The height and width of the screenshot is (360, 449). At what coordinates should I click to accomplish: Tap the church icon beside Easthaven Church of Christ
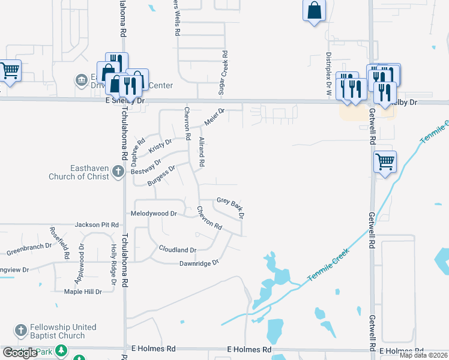pyautogui.click(x=118, y=171)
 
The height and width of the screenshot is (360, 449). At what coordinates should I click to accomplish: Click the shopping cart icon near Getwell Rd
pyautogui.click(x=384, y=161)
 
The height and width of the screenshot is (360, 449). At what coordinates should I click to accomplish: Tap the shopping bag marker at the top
pyautogui.click(x=315, y=11)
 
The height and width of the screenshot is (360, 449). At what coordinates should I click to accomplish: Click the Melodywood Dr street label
pyautogui.click(x=154, y=213)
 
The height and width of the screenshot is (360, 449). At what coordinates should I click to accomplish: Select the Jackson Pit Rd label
pyautogui.click(x=97, y=224)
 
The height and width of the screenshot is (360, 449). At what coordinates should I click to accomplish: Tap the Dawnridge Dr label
pyautogui.click(x=199, y=263)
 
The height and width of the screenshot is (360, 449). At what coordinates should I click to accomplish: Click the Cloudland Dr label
pyautogui.click(x=178, y=249)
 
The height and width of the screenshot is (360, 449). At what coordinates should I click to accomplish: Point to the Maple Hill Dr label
pyautogui.click(x=83, y=292)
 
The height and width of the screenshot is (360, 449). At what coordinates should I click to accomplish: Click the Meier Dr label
pyautogui.click(x=214, y=116)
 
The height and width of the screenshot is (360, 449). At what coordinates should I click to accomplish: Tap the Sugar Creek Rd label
pyautogui.click(x=224, y=73)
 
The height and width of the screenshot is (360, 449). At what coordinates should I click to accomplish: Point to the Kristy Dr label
pyautogui.click(x=160, y=146)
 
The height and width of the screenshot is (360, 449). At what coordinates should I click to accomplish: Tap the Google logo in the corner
pyautogui.click(x=20, y=352)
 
